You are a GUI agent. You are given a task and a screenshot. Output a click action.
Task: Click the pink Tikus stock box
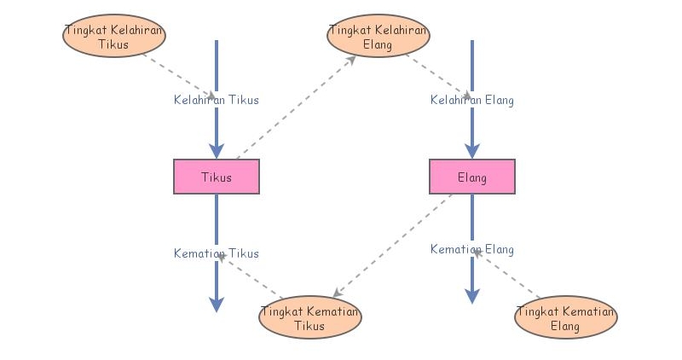(x=216, y=177)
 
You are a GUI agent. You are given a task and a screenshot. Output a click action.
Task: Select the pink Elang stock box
(x=471, y=177)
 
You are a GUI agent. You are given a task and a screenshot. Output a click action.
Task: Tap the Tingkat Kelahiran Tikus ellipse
(x=114, y=35)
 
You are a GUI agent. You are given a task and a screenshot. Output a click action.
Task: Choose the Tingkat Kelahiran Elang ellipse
(x=378, y=35)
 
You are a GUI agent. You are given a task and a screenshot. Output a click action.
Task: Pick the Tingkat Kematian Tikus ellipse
(x=309, y=316)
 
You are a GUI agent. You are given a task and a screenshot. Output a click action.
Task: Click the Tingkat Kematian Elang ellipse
(x=565, y=316)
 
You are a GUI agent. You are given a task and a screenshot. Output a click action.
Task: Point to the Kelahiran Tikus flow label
(x=216, y=100)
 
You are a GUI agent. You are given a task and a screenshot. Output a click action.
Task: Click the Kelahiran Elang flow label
(x=471, y=100)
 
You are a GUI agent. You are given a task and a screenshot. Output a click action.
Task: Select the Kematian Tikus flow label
(x=216, y=253)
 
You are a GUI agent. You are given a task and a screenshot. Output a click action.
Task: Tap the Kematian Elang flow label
(x=471, y=249)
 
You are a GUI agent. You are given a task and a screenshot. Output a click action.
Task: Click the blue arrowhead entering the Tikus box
(x=216, y=151)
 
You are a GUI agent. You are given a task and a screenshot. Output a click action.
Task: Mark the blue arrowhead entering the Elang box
(x=471, y=151)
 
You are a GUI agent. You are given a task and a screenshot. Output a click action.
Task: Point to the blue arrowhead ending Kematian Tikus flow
(x=216, y=304)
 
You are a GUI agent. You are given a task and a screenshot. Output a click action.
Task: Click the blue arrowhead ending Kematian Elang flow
(x=471, y=295)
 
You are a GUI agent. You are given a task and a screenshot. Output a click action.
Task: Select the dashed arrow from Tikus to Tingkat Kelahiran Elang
(x=294, y=107)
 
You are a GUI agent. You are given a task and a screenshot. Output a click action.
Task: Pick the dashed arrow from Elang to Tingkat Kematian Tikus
(x=392, y=242)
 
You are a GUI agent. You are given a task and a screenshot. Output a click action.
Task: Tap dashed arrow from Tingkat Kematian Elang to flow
(x=509, y=274)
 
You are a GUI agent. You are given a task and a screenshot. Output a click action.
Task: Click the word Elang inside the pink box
(x=471, y=177)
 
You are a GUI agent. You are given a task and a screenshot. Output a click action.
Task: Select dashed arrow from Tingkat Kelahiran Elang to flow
(x=436, y=75)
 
